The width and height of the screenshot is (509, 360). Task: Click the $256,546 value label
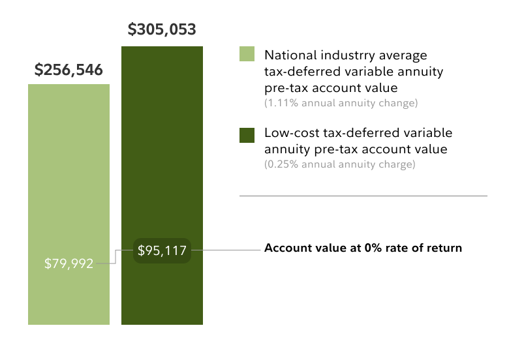point(69,70)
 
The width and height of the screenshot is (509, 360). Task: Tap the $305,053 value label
point(162,29)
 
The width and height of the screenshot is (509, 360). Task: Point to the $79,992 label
point(69,264)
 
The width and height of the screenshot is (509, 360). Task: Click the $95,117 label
point(162,249)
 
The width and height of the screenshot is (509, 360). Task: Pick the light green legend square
point(247,54)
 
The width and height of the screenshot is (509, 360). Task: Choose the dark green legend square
point(247,134)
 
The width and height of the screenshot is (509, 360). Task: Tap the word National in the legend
point(286,55)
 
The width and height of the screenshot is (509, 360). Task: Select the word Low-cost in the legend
point(288,133)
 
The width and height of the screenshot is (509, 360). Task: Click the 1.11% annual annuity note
point(341,103)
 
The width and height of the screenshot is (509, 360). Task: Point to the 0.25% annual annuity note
point(339,164)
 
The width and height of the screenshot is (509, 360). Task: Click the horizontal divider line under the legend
point(363,196)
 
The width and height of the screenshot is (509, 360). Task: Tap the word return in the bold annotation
point(445,248)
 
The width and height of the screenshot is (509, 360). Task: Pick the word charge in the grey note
point(397,164)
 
